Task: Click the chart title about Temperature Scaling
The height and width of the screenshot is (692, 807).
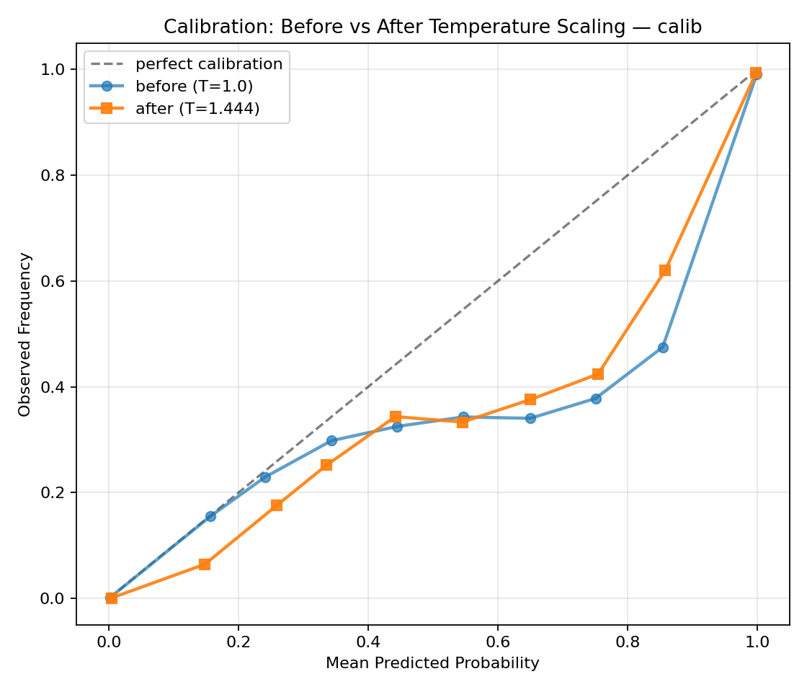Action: click(432, 27)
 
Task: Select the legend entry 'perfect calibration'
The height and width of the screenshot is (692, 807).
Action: click(209, 63)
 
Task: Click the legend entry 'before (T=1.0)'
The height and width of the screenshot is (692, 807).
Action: click(194, 86)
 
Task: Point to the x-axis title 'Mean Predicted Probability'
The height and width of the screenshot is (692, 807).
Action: click(432, 663)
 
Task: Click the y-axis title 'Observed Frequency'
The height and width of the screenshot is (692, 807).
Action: click(25, 334)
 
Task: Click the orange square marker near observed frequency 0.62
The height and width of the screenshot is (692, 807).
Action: click(664, 270)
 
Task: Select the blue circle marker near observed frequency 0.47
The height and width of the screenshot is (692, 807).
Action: click(663, 347)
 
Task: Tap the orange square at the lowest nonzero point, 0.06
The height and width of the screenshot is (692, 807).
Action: click(205, 564)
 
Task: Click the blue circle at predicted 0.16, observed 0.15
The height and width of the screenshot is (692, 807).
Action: click(210, 516)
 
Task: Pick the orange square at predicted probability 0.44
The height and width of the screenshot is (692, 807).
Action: click(395, 417)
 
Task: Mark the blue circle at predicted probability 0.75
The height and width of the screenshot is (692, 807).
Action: click(596, 399)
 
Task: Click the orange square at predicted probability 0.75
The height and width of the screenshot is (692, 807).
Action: click(598, 374)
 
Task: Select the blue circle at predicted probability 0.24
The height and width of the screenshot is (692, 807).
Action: click(265, 477)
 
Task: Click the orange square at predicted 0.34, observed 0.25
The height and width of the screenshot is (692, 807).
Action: click(326, 465)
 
